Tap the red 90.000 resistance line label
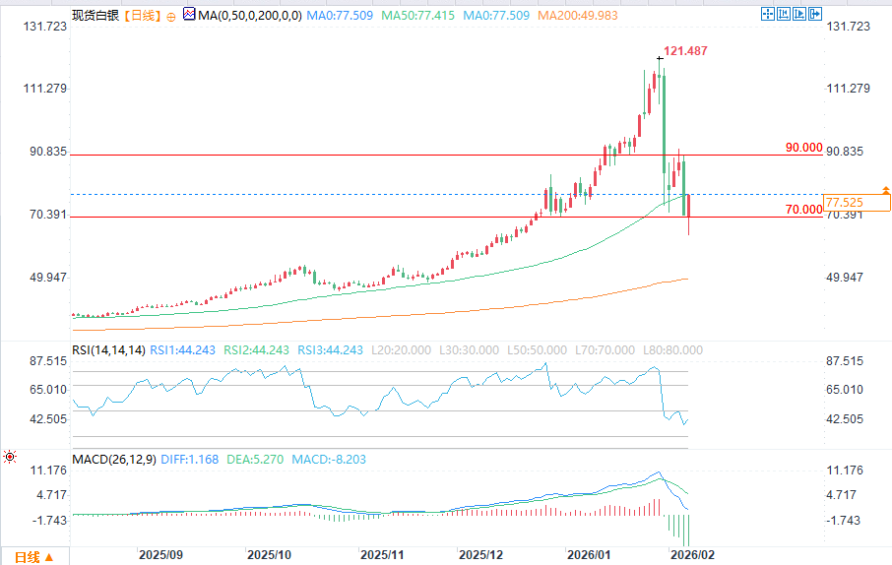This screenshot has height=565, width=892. pyautogui.click(x=803, y=148)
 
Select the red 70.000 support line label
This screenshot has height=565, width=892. pyautogui.click(x=803, y=210)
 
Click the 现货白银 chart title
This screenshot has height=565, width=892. pyautogui.click(x=94, y=16)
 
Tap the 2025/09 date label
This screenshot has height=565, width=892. pyautogui.click(x=159, y=555)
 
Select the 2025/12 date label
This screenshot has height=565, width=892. pyautogui.click(x=482, y=555)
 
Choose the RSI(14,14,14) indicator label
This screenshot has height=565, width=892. pyautogui.click(x=109, y=349)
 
